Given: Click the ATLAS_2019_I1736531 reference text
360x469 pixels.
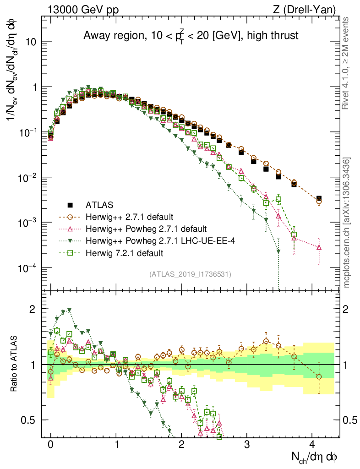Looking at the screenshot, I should point(190,274).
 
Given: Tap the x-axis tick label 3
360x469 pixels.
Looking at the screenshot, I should point(247,444).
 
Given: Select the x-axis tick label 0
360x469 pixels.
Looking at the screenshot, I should point(51,444).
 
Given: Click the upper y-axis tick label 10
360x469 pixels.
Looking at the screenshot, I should point(30,42).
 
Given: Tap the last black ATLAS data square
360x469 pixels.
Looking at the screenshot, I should point(319,199).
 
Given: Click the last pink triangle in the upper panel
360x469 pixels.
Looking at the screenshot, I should point(319,247).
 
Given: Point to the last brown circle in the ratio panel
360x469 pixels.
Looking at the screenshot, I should point(319,376).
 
